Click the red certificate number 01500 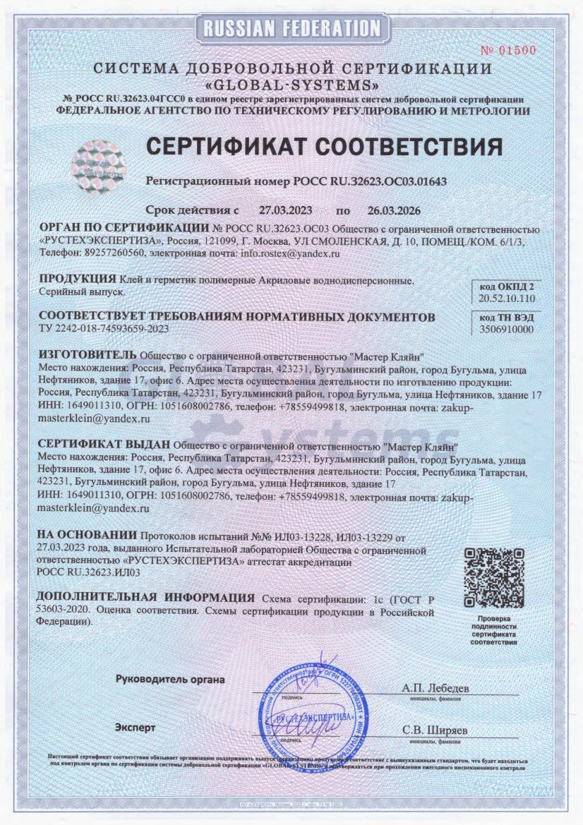tap(508, 50)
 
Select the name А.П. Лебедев tap(435, 687)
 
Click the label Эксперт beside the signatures tap(135, 726)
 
